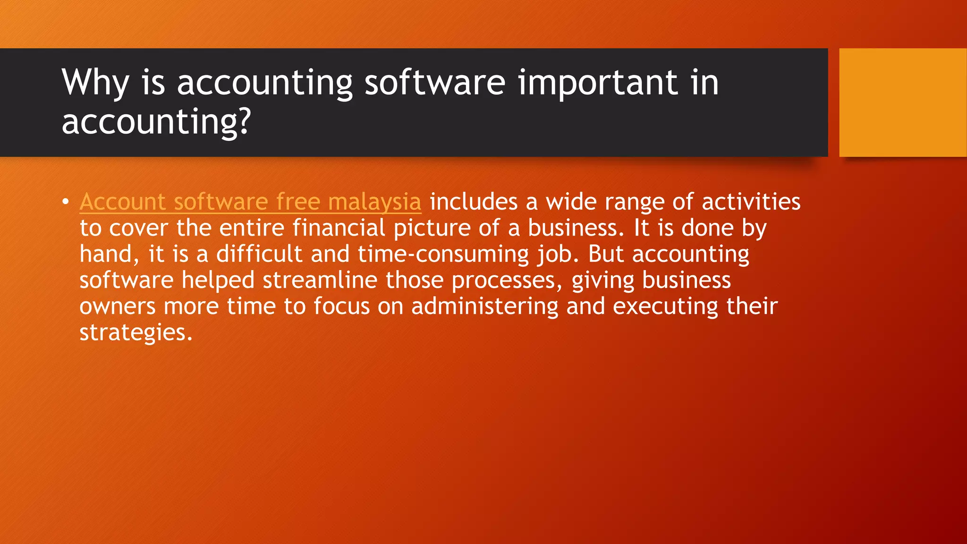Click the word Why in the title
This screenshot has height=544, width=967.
95,83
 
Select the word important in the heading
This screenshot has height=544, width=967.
598,82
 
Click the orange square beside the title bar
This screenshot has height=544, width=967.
902,102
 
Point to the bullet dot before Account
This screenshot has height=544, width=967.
65,202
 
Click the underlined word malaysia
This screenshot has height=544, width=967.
374,202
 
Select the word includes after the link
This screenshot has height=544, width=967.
474,202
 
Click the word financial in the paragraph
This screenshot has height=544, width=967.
339,228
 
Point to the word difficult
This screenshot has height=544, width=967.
259,254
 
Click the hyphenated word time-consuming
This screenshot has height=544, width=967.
443,255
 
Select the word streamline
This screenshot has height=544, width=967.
320,280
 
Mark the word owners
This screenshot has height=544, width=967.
118,306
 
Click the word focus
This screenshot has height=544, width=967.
341,306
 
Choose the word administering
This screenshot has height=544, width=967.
484,306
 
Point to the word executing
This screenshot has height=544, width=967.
665,306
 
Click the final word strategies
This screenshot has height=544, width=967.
136,332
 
